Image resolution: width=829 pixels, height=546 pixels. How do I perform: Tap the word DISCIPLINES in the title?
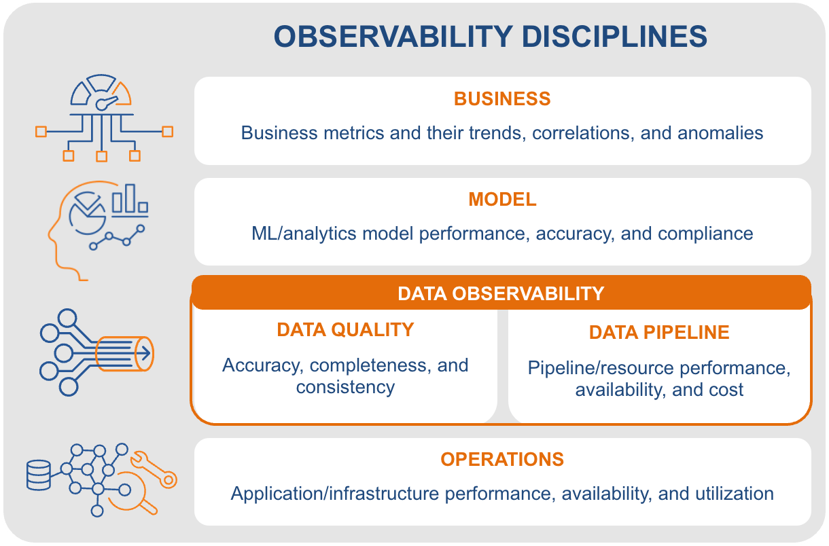614,37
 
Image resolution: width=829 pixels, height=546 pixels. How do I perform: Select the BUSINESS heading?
502,98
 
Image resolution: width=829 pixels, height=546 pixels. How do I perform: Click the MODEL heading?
502,200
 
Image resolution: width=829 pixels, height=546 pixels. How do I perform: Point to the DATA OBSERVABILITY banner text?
501,294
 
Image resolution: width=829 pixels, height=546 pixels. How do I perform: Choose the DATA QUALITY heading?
345,329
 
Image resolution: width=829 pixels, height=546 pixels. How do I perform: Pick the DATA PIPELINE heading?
659,332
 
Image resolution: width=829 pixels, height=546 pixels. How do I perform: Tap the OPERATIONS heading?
502,460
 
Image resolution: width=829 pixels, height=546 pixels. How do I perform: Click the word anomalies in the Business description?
720,133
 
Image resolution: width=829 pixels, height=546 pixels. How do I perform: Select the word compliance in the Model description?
705,234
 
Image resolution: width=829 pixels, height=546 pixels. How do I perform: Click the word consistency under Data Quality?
345,387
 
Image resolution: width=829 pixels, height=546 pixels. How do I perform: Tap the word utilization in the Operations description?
735,494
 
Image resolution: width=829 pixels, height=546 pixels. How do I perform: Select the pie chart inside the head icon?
88,213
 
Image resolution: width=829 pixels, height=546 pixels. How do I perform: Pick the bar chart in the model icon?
130,200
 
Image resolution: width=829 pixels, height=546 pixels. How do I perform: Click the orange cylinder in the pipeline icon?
125,354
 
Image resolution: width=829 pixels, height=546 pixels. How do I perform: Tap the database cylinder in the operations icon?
39,475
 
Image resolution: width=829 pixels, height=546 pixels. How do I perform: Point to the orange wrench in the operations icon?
154,470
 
